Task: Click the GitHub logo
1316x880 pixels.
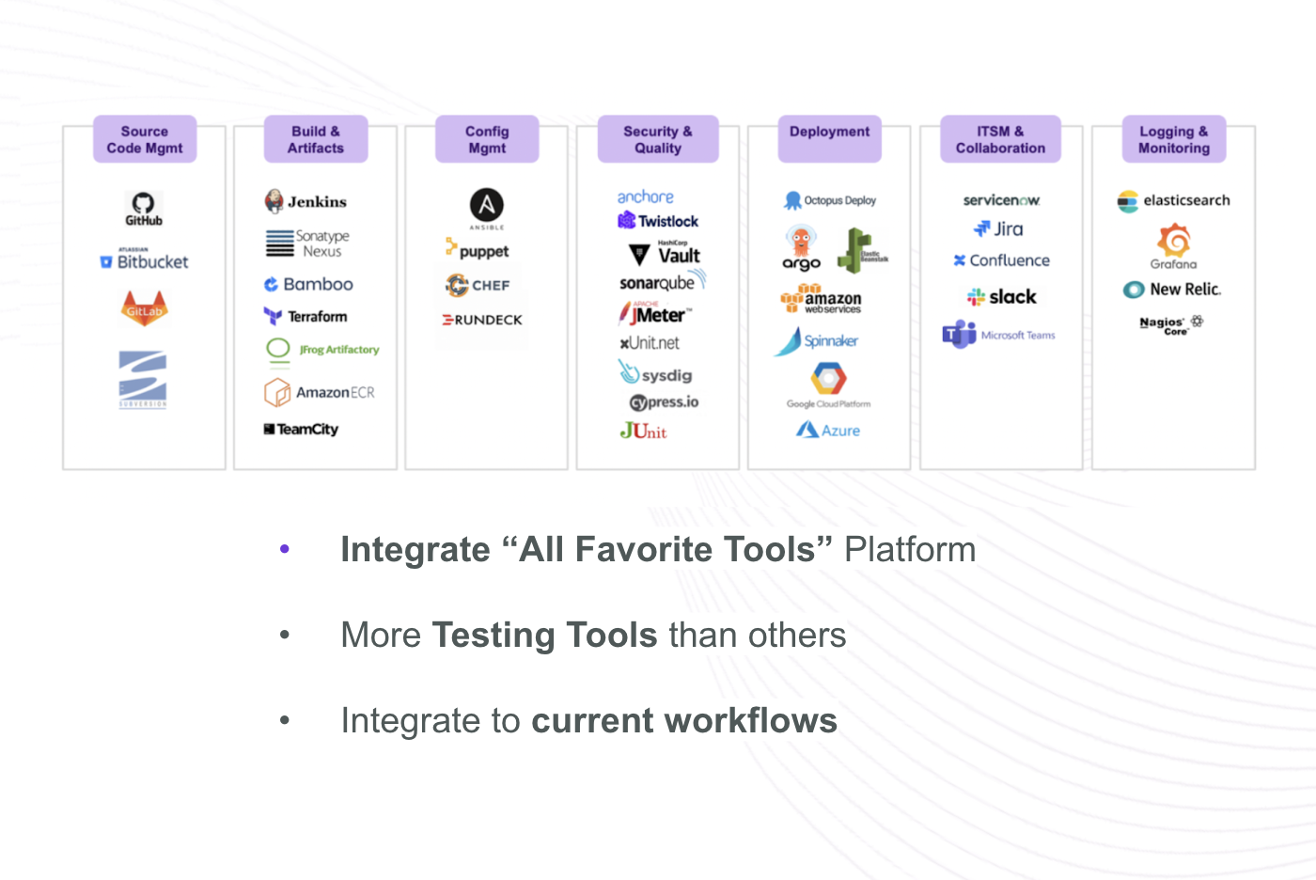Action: (144, 208)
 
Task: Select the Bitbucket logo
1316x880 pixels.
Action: (145, 261)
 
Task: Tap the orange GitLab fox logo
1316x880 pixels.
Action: (145, 308)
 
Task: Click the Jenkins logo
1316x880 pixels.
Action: (305, 201)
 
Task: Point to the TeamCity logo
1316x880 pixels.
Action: (301, 430)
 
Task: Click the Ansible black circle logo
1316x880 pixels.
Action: (487, 206)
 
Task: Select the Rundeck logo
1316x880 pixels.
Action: (483, 320)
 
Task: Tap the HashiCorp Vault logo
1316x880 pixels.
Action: (665, 254)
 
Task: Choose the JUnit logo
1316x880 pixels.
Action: (643, 431)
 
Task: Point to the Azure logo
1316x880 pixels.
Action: (828, 430)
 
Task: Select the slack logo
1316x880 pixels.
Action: (1001, 297)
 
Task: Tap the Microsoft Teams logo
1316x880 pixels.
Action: (998, 335)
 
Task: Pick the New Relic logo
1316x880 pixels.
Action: (1172, 290)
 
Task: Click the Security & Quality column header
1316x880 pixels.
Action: (658, 139)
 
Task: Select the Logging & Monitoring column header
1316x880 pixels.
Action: (1174, 139)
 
